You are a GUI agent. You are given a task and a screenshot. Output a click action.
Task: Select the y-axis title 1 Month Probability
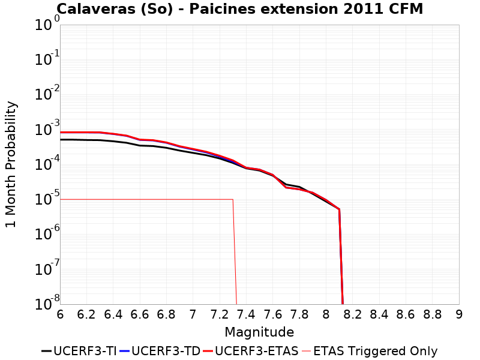pyautogui.click(x=11, y=164)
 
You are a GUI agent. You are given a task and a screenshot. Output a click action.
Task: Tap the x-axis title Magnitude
pyautogui.click(x=259, y=332)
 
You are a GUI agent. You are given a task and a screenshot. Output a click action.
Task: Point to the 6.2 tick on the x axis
pyautogui.click(x=87, y=314)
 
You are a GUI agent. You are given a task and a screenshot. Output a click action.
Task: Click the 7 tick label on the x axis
pyautogui.click(x=193, y=314)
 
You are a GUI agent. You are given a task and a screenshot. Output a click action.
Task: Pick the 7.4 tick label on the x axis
pyautogui.click(x=246, y=314)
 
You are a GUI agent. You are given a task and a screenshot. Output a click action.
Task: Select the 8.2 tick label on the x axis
pyautogui.click(x=353, y=314)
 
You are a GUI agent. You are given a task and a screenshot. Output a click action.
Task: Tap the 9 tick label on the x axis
pyautogui.click(x=459, y=314)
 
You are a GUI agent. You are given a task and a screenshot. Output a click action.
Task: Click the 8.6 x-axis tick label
pyautogui.click(x=406, y=314)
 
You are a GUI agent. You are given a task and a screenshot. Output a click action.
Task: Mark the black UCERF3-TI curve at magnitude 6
pyautogui.click(x=61, y=139)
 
